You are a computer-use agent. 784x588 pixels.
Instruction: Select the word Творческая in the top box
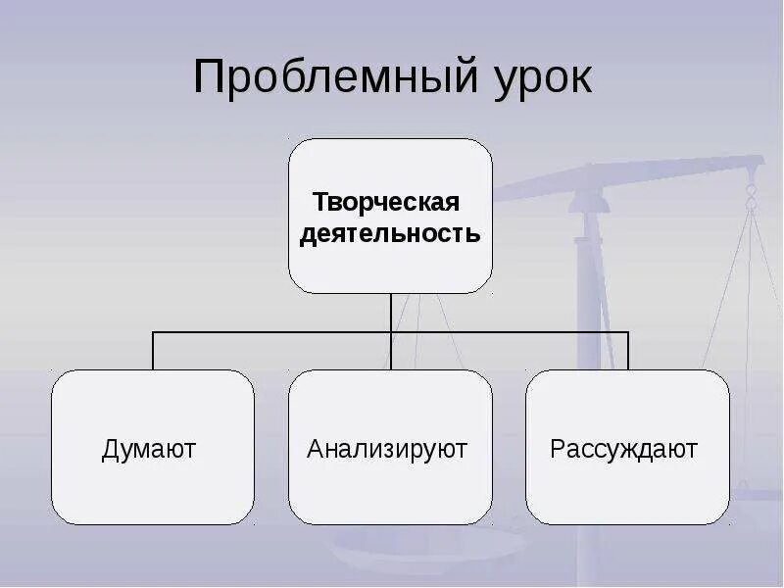(x=386, y=203)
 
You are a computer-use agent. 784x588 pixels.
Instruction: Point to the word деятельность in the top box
(x=390, y=234)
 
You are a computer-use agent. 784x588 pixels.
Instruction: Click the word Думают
(x=149, y=450)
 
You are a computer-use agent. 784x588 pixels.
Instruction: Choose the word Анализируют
(x=387, y=450)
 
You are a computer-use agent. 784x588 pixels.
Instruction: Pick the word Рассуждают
(x=623, y=450)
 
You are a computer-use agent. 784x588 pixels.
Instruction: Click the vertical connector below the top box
(x=390, y=312)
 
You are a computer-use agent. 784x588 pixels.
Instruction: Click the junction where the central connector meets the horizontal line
(x=390, y=332)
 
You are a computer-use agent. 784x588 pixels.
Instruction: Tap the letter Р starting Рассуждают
(x=557, y=450)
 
